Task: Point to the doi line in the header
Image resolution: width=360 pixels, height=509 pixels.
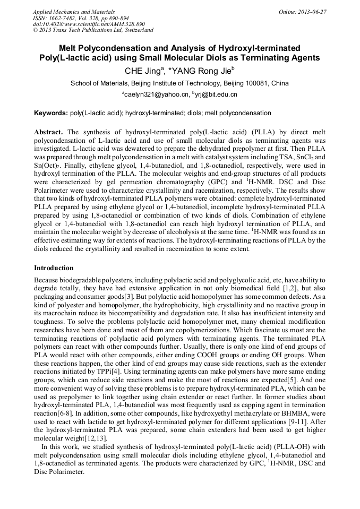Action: (89, 24)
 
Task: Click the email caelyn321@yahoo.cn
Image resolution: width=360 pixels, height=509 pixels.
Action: (157, 94)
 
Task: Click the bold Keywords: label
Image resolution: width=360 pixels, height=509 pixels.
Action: (51, 113)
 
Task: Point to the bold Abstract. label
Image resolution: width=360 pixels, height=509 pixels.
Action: (49, 131)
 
